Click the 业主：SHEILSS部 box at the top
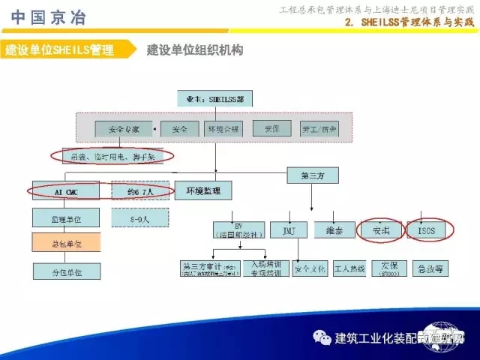coord(215,98)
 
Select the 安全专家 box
coord(124,129)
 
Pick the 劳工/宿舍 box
coord(319,129)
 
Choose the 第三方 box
coord(313,175)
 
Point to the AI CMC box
coord(66,192)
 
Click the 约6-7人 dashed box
coord(140,192)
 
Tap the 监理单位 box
coord(66,219)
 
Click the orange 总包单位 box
coord(66,244)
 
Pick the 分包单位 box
coord(66,271)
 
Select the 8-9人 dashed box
coord(140,219)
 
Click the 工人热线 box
coord(349,268)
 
